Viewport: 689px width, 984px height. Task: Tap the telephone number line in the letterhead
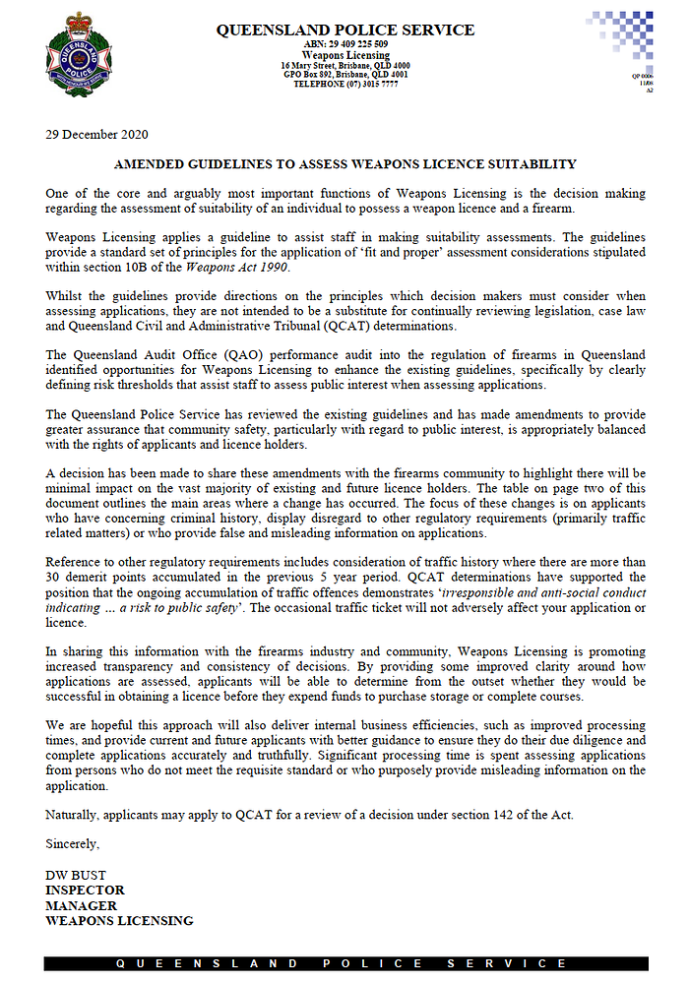(344, 85)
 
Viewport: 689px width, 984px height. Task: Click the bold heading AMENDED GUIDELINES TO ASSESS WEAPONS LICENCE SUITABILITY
(345, 164)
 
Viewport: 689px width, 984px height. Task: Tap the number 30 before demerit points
(54, 577)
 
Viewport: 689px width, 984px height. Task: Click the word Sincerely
(72, 843)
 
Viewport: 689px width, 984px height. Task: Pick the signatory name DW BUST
(75, 875)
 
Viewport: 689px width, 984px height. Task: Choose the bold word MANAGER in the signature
(81, 905)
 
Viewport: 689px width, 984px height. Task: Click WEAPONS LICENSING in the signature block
(119, 921)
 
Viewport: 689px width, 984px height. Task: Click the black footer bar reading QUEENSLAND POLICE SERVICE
(344, 963)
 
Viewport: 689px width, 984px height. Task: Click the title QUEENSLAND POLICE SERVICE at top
(344, 31)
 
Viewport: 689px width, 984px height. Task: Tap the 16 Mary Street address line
(344, 65)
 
